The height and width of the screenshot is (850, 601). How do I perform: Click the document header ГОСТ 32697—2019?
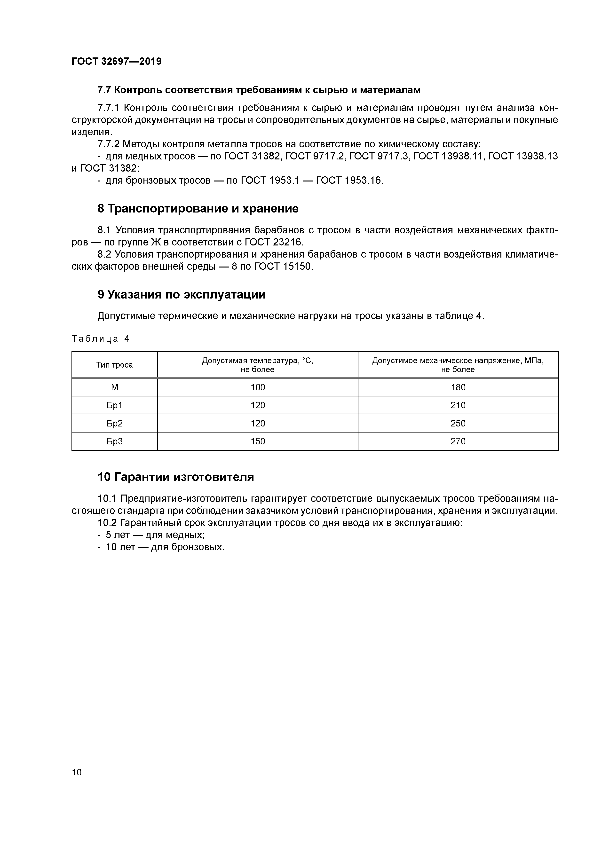pos(116,62)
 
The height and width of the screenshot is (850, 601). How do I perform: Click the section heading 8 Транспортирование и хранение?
pos(198,209)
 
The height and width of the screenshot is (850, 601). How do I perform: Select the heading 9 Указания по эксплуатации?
pos(182,295)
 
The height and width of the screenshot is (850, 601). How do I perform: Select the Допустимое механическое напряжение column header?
pos(458,365)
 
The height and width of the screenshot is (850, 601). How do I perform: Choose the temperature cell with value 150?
pos(258,441)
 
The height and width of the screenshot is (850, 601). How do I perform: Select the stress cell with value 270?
pos(458,441)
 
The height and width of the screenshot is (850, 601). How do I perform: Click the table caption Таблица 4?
pos(100,339)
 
